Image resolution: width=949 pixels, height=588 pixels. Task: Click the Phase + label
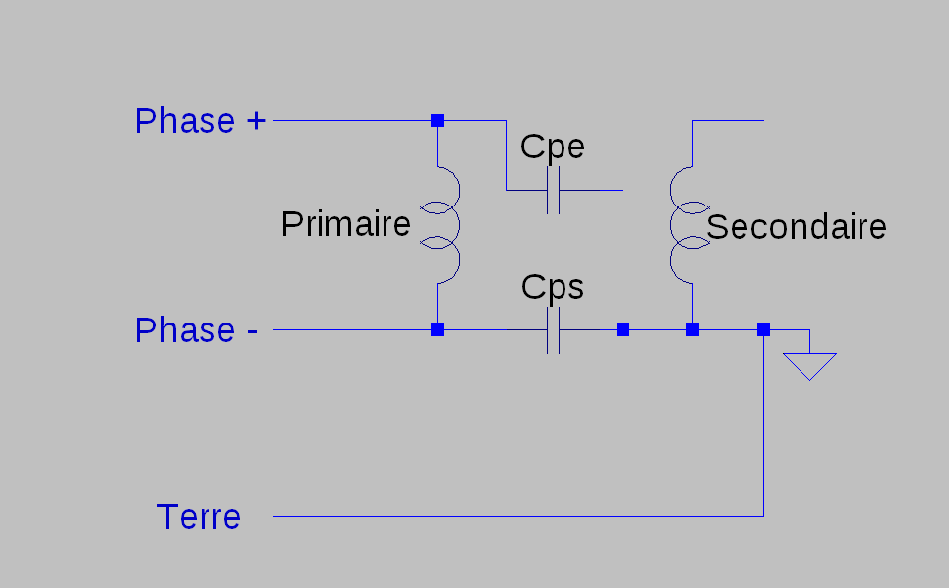click(200, 121)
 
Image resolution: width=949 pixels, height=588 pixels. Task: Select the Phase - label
click(196, 330)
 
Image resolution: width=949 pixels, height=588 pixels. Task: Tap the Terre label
click(199, 517)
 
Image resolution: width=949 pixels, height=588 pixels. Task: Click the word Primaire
click(345, 224)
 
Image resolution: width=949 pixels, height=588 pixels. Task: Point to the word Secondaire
click(796, 227)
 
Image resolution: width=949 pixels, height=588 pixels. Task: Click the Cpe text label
click(552, 147)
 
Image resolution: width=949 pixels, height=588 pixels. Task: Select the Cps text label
click(552, 287)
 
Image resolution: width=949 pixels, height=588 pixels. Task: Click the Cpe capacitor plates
click(554, 191)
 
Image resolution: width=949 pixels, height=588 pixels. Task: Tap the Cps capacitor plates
click(554, 330)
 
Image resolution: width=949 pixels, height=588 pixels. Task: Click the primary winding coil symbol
click(458, 225)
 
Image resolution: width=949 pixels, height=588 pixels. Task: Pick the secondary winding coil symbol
click(672, 225)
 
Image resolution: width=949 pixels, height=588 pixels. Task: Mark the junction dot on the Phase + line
click(437, 120)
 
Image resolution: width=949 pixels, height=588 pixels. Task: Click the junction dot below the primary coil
click(437, 329)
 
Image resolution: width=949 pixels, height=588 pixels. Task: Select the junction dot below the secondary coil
click(693, 329)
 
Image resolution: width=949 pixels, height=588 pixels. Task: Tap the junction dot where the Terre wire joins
click(764, 329)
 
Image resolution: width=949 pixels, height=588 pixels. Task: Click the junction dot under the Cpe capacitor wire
click(623, 329)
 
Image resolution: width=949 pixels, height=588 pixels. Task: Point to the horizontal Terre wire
click(518, 516)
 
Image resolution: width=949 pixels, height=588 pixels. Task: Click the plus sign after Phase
click(256, 121)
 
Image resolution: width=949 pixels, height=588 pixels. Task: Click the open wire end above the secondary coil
click(763, 120)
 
